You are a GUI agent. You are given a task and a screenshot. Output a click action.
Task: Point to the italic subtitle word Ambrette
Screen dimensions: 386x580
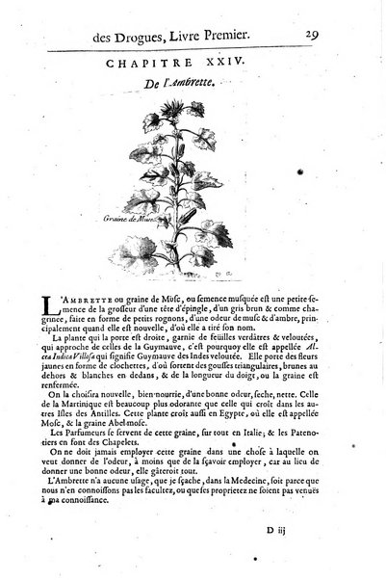point(207,85)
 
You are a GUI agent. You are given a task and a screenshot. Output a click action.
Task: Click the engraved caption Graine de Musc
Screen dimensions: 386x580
point(132,220)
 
